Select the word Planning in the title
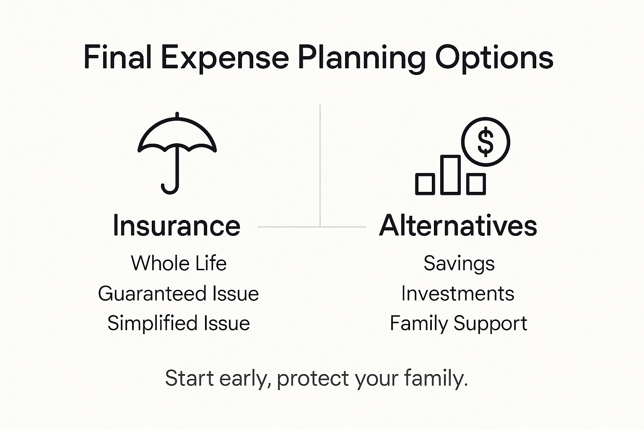coord(361,58)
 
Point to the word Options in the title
coord(494,58)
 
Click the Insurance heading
coord(177,226)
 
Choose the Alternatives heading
coord(458,226)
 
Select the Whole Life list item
coord(179,264)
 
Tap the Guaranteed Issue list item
coord(178,294)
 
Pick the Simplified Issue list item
coord(179,323)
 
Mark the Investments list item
coord(457,294)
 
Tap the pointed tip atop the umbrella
coord(177,114)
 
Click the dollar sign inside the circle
coord(486,142)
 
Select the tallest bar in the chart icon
coord(451,175)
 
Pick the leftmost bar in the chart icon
coord(425,184)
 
